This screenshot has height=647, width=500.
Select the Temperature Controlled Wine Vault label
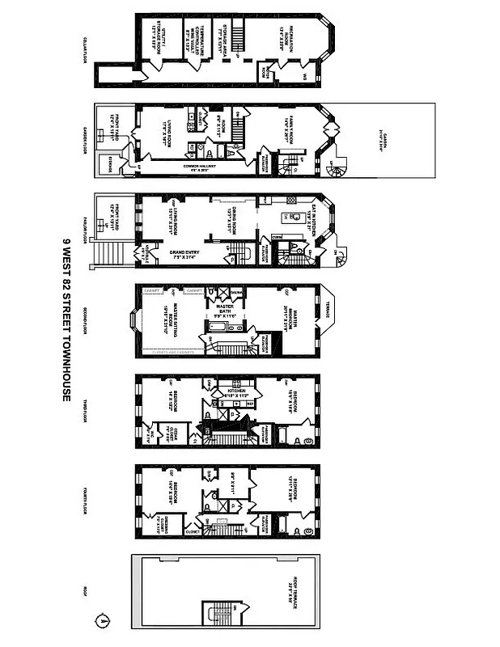coord(197,36)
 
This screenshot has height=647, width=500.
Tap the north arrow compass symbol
coord(103,621)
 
